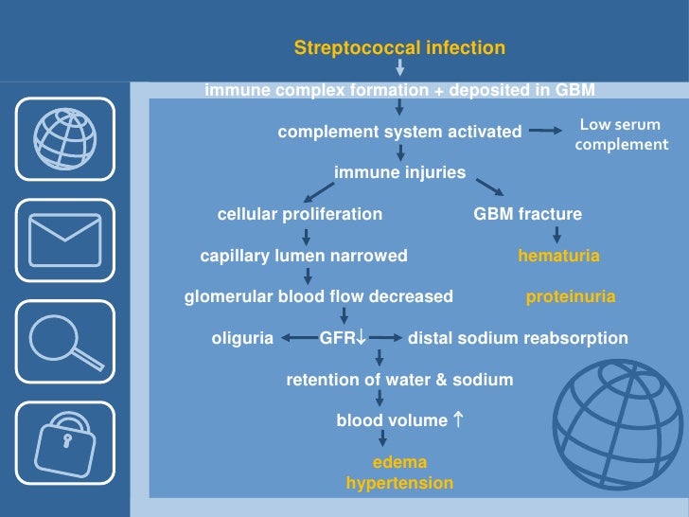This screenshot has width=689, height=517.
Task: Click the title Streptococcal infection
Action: click(399, 47)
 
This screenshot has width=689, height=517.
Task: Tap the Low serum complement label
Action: click(621, 134)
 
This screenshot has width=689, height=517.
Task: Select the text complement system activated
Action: click(399, 132)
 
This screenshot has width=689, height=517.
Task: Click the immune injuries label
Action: click(399, 172)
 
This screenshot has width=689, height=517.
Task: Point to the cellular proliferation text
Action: click(300, 214)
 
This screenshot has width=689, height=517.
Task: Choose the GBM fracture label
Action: click(527, 214)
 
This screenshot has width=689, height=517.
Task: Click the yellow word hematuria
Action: click(558, 256)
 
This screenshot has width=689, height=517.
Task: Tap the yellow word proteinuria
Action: click(570, 296)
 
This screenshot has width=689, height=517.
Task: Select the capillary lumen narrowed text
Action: click(304, 256)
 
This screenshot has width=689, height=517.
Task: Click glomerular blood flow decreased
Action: click(318, 296)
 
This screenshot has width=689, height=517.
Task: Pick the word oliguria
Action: click(241, 338)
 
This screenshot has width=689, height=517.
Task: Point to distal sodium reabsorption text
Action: click(517, 338)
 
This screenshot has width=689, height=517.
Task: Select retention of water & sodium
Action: click(399, 380)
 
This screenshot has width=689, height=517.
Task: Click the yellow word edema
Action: click(399, 462)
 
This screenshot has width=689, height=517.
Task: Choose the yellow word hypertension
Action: click(399, 483)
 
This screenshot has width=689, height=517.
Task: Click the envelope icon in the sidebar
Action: click(65, 241)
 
